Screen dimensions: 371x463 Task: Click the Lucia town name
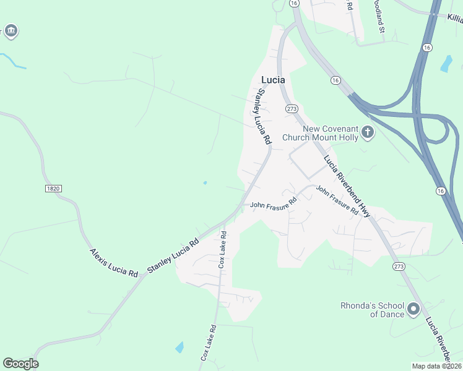pos(274,80)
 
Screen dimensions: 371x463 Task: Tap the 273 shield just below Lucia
pos(292,109)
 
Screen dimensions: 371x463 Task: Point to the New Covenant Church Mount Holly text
pos(320,133)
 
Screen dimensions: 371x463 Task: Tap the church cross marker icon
pos(368,132)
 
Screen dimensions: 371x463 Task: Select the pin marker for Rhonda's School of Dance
pos(413,309)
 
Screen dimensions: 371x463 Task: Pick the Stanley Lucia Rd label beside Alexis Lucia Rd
pos(173,255)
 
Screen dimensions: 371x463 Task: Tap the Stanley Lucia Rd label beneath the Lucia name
pos(264,117)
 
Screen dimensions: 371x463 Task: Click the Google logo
pos(20,364)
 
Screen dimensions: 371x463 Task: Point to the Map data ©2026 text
pos(436,366)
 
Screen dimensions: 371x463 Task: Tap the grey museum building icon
pos(11,31)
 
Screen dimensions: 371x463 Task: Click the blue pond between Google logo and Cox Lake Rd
pos(179,347)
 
